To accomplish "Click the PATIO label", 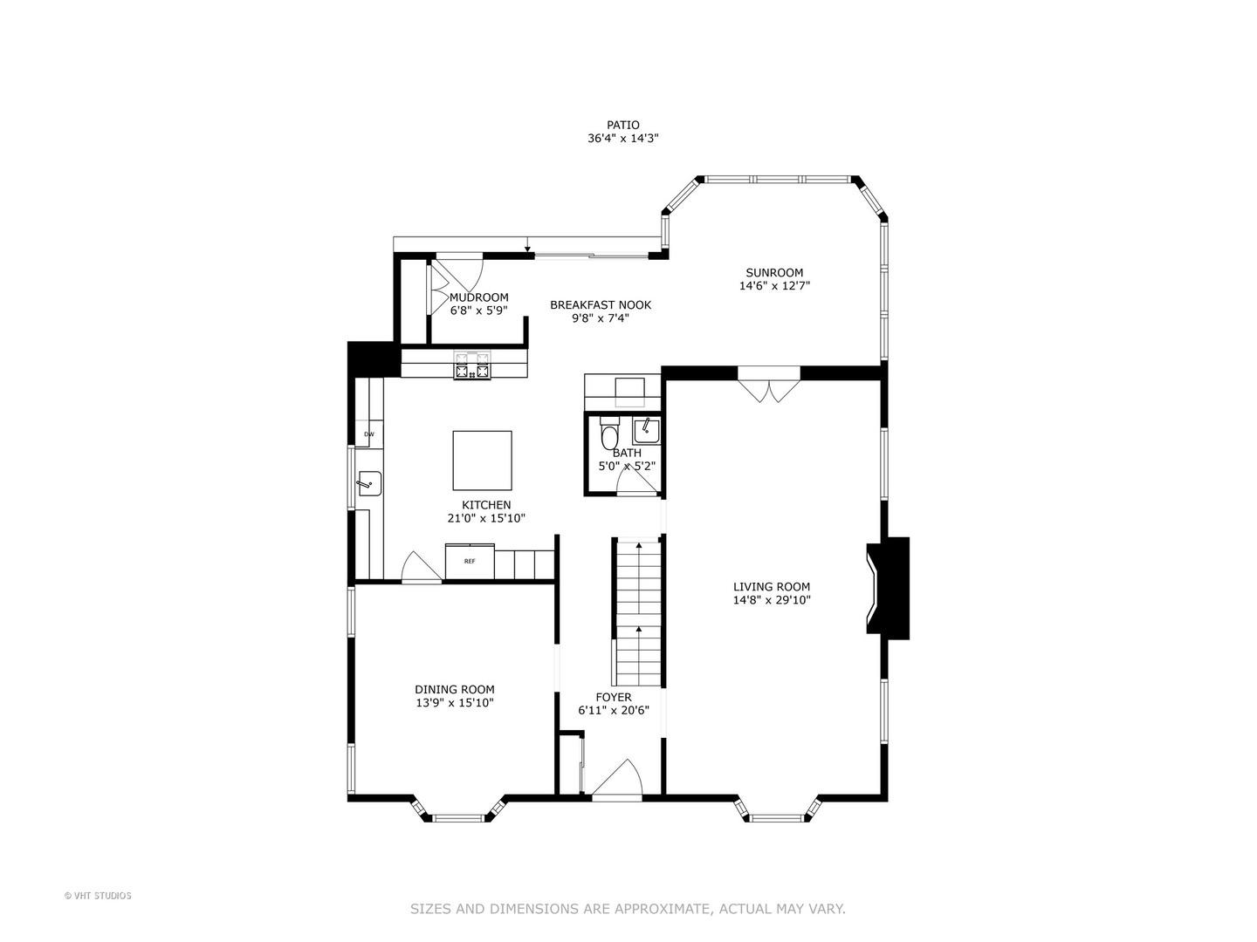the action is pyautogui.click(x=623, y=125).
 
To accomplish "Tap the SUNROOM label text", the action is pyautogui.click(x=774, y=273).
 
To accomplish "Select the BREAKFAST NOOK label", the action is pyautogui.click(x=601, y=305).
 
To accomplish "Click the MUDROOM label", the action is pyautogui.click(x=478, y=297).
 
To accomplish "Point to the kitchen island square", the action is pyautogui.click(x=482, y=461).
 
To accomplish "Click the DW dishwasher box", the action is pyautogui.click(x=368, y=434).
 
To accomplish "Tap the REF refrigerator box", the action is pyautogui.click(x=470, y=561).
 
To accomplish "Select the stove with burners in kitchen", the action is pyautogui.click(x=472, y=365).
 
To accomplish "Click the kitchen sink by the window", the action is pyautogui.click(x=369, y=484).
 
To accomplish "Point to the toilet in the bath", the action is pyautogui.click(x=609, y=433).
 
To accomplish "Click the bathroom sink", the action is pyautogui.click(x=647, y=431).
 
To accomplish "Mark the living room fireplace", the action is pyautogui.click(x=888, y=588).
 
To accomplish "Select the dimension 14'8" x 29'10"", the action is pyautogui.click(x=772, y=600).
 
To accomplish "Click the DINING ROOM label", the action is pyautogui.click(x=455, y=690).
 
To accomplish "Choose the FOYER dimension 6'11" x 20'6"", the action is pyautogui.click(x=614, y=711).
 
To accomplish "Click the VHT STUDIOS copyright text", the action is pyautogui.click(x=98, y=896).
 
